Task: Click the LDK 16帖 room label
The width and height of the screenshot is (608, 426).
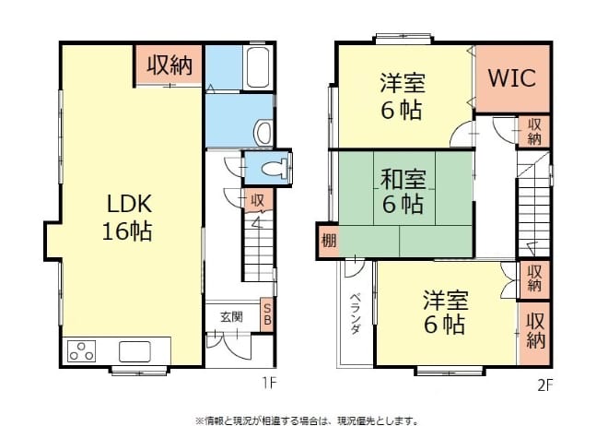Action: click(127, 218)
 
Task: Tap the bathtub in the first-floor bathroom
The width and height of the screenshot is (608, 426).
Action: click(257, 67)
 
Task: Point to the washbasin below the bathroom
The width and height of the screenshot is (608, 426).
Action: click(263, 132)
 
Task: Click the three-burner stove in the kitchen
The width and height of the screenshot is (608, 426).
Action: click(82, 350)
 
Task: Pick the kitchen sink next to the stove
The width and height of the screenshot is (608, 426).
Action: click(134, 351)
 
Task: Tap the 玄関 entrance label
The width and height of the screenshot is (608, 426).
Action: click(232, 317)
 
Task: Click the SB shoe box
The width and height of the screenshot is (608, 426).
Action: click(267, 314)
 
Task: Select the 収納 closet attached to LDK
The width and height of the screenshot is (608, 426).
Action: click(170, 65)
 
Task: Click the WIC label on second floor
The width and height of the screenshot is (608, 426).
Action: click(512, 78)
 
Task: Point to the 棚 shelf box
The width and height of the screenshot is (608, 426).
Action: click(329, 242)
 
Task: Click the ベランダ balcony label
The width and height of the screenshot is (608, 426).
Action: click(356, 314)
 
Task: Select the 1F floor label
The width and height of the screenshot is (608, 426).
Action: click(270, 384)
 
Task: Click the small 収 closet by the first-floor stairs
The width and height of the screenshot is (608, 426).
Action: click(257, 200)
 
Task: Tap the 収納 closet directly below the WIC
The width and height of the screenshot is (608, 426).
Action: click(534, 132)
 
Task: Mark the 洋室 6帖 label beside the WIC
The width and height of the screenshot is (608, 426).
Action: click(402, 96)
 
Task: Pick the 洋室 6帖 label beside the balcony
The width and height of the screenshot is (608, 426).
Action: click(445, 312)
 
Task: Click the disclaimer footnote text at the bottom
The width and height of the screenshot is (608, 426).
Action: click(307, 420)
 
